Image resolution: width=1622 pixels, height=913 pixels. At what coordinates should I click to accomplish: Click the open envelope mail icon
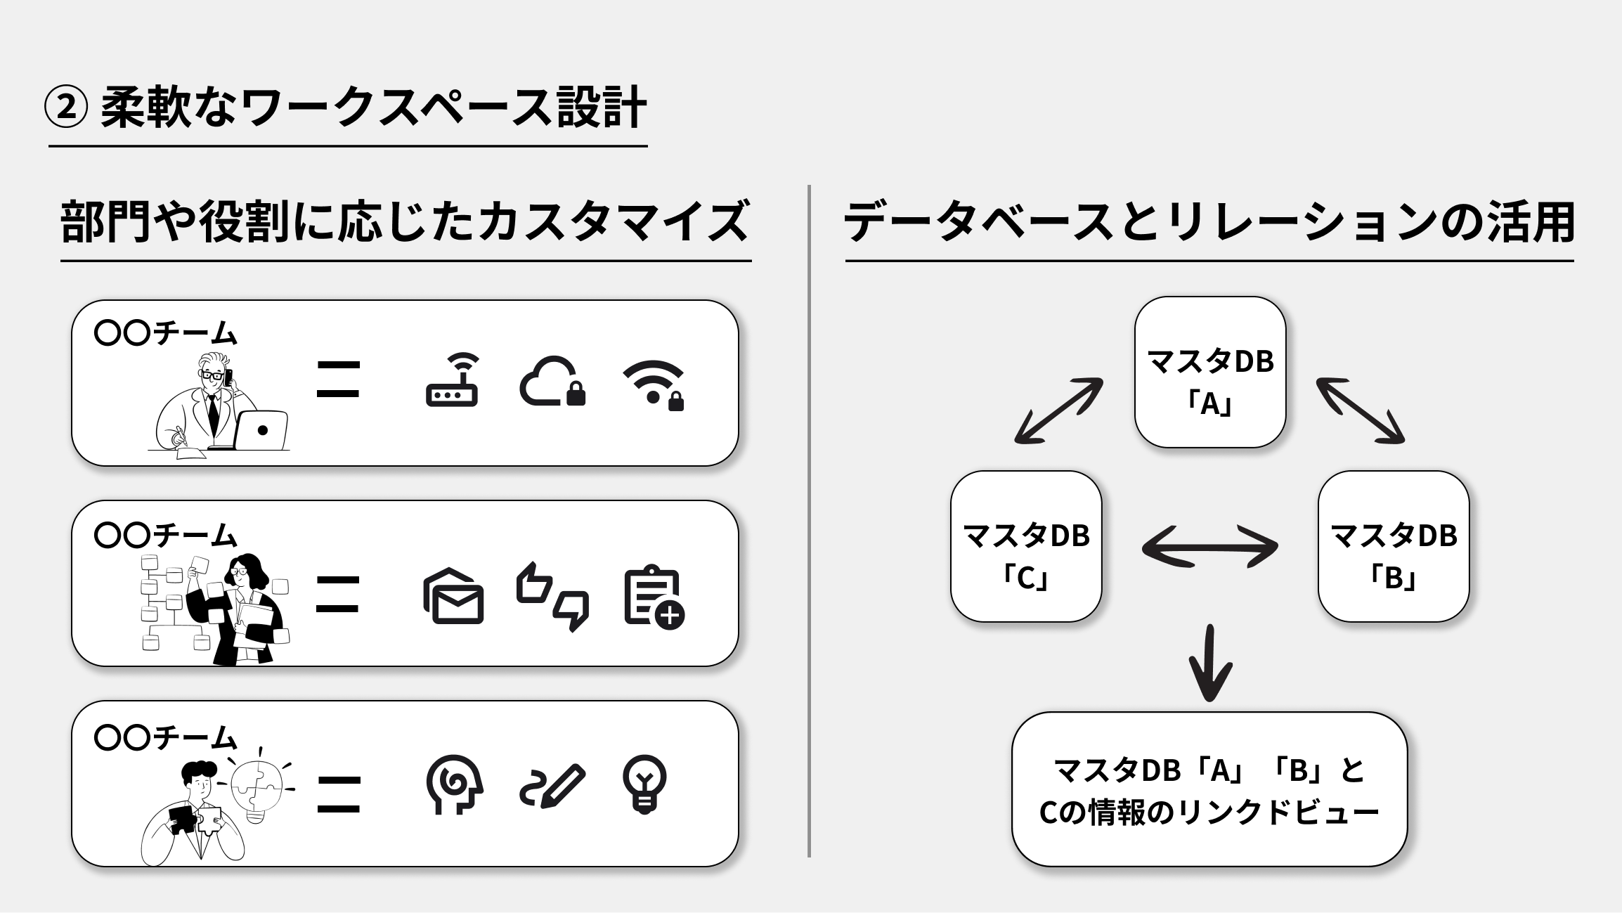tap(453, 596)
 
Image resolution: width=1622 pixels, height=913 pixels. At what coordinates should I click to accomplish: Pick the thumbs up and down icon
tap(552, 596)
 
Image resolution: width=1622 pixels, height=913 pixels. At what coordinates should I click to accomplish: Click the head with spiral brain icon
tap(454, 784)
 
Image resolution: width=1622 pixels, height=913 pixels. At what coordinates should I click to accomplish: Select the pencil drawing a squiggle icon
tap(552, 785)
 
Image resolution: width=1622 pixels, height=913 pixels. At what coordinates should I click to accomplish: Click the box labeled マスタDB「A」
tap(1209, 373)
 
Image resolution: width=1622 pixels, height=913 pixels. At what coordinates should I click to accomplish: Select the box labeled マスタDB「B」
tap(1393, 546)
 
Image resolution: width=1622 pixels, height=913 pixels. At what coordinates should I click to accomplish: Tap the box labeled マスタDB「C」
tap(1026, 546)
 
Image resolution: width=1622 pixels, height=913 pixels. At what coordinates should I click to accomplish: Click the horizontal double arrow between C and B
tap(1209, 546)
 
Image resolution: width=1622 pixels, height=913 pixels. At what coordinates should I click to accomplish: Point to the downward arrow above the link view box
tap(1209, 662)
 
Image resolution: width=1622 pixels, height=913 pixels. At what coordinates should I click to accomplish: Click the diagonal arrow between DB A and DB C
tap(1058, 410)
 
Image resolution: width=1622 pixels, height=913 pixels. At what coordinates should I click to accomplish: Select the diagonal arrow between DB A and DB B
tap(1360, 410)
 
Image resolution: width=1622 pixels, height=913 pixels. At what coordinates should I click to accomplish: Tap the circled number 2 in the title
tap(66, 108)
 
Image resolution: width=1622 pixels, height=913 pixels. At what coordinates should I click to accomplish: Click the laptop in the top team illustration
tap(261, 430)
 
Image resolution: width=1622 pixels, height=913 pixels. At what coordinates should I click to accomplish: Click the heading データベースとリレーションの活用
tap(1209, 222)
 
